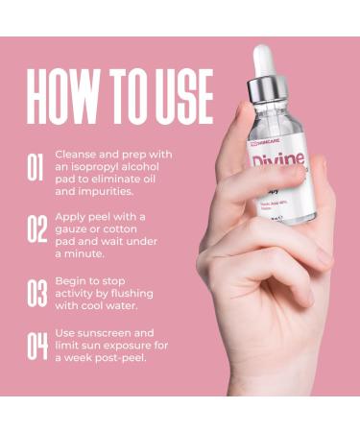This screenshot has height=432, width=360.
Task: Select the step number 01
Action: tap(36, 168)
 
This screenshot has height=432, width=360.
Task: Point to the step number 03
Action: tap(36, 292)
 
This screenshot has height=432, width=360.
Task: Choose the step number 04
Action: tap(36, 345)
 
